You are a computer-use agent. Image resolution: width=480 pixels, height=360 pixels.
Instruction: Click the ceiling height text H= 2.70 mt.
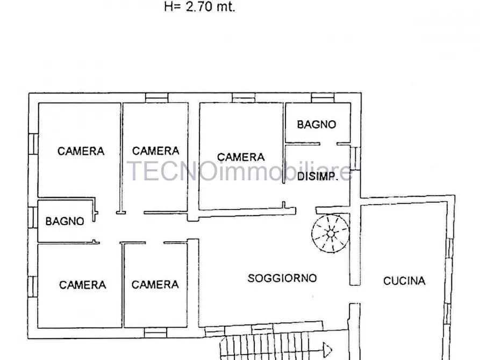(x=199, y=8)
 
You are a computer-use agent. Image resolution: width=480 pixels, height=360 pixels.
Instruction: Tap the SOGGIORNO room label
(x=282, y=278)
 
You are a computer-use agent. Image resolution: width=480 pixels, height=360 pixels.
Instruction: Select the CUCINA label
(x=404, y=280)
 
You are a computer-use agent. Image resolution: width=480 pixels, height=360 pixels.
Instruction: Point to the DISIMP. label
(x=318, y=177)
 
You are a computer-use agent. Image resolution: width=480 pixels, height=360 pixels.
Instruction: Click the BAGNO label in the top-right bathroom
(x=317, y=125)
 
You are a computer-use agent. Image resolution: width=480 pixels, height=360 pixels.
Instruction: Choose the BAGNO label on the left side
(x=65, y=221)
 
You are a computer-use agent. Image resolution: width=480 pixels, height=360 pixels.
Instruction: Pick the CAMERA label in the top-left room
(x=81, y=152)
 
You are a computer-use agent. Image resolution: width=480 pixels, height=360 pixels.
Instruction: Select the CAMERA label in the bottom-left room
(x=82, y=285)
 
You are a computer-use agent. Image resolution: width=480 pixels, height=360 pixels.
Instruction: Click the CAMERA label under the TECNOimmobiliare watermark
(x=155, y=152)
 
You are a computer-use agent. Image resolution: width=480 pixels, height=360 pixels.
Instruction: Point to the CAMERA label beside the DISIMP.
(x=241, y=157)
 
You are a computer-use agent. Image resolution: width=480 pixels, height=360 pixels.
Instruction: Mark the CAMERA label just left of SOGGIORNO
(x=155, y=285)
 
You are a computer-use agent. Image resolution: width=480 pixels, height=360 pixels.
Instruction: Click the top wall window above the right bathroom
(x=323, y=98)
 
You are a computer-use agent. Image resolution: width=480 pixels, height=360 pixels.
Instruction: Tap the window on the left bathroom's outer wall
(x=33, y=217)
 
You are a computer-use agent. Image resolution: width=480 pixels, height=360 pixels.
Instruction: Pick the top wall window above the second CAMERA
(x=156, y=98)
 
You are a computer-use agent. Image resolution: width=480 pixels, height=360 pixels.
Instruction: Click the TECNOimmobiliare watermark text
(x=240, y=171)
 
